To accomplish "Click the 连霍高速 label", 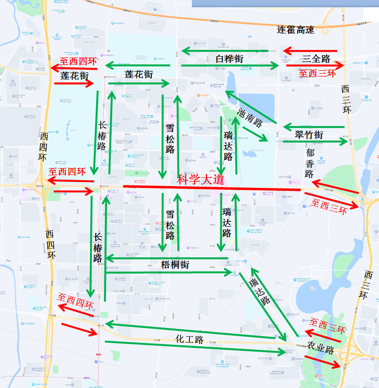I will click(295, 30).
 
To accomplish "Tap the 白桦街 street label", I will click(229, 59).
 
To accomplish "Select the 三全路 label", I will click(316, 59).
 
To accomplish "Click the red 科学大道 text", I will click(201, 180).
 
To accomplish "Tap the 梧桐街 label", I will click(175, 265).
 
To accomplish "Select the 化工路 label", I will click(189, 339).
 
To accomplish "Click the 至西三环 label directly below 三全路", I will click(317, 73).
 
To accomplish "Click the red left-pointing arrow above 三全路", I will click(309, 50).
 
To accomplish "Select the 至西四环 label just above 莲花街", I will click(78, 62).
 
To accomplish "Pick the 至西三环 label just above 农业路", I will click(328, 326).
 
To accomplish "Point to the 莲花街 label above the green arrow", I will click(139, 74).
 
